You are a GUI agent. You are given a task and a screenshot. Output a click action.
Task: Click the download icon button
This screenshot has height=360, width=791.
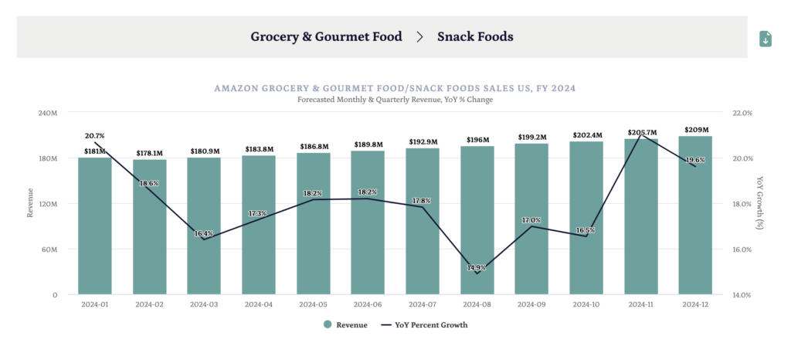click(765, 39)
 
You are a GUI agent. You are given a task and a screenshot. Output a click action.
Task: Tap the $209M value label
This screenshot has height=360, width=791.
click(696, 130)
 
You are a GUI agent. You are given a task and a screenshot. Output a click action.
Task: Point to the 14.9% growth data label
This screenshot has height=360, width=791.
click(477, 268)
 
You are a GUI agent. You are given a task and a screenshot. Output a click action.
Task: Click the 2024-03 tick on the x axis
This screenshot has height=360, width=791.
click(204, 304)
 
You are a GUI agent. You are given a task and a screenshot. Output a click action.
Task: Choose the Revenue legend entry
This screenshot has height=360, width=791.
click(345, 325)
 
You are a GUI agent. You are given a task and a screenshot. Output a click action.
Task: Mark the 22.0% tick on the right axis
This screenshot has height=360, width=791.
click(742, 113)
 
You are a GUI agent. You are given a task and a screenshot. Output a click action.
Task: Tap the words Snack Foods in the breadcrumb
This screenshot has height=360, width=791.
click(475, 36)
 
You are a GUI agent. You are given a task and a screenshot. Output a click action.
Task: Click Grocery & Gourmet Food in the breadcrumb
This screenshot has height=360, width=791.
click(326, 36)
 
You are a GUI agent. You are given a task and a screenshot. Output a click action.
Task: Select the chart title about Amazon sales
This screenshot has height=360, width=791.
click(395, 89)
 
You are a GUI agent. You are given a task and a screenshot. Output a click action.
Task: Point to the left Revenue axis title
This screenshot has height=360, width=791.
click(31, 203)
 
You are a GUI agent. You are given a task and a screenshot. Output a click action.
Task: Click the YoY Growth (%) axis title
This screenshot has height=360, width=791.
click(761, 203)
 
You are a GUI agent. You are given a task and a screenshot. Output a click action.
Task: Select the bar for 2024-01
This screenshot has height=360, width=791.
click(94, 226)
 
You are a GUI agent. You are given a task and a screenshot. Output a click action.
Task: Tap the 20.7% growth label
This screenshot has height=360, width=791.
click(93, 136)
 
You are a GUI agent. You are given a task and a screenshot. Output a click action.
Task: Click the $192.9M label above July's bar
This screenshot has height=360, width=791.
click(423, 142)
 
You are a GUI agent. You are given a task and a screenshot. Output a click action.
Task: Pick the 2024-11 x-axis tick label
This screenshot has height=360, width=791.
click(641, 304)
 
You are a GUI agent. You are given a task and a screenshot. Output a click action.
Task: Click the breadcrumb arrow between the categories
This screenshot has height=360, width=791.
click(420, 36)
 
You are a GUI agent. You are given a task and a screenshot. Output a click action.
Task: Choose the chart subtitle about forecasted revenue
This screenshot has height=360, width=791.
click(395, 100)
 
